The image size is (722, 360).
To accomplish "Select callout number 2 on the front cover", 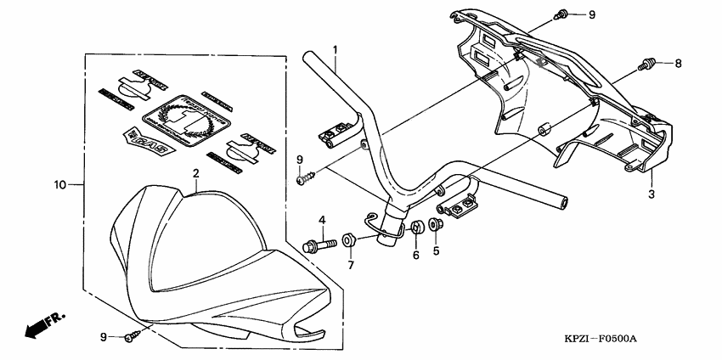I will coord(195,173).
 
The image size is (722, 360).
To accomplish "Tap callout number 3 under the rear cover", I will coord(652,195).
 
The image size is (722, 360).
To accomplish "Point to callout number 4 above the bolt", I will coord(323,221).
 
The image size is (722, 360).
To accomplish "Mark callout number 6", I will coord(416,254).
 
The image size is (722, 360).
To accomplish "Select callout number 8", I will coord(679,63).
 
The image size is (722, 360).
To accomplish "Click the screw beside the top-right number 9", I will coord(561,14).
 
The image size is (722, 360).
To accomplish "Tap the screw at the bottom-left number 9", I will coord(129,337).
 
